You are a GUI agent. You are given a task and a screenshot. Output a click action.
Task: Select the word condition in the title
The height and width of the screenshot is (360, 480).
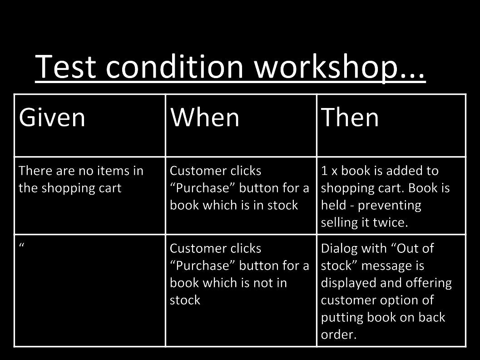coord(174,66)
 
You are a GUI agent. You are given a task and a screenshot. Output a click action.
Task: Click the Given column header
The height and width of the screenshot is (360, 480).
coord(52,117)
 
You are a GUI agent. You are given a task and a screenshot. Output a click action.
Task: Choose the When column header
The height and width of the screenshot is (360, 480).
coord(204,117)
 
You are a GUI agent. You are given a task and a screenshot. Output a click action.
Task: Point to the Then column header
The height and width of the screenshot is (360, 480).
coord(350,117)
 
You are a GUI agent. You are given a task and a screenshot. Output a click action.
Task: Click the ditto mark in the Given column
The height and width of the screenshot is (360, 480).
coord(22,245)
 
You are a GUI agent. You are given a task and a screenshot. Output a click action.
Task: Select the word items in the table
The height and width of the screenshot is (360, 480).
coord(116,171)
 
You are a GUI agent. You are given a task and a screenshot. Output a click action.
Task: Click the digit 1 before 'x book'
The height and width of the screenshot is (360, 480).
coord(325,171)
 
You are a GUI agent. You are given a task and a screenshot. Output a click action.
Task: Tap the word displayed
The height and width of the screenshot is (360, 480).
coord(348,283)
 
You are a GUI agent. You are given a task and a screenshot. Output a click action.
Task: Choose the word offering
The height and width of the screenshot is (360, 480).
coord(429,283)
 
